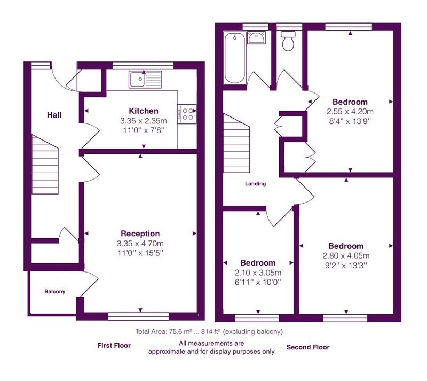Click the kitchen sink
pos(145,79)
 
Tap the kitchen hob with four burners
pos(186,114)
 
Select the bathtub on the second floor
pos(235,58)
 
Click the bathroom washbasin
pos(256,37)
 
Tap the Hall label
pos(54,115)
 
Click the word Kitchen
pos(144,111)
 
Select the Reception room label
pos(140,234)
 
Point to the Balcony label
pos(55,292)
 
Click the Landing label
pos(256,184)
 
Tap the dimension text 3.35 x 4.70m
pos(140,243)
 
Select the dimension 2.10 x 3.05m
pos(258,273)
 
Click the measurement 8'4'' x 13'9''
pos(350,121)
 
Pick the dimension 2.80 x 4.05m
pos(346,255)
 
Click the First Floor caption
pos(114,346)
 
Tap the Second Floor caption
pos(308,347)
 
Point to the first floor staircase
pos(45,165)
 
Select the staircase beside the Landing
pos(236,143)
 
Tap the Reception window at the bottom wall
pos(138,316)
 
